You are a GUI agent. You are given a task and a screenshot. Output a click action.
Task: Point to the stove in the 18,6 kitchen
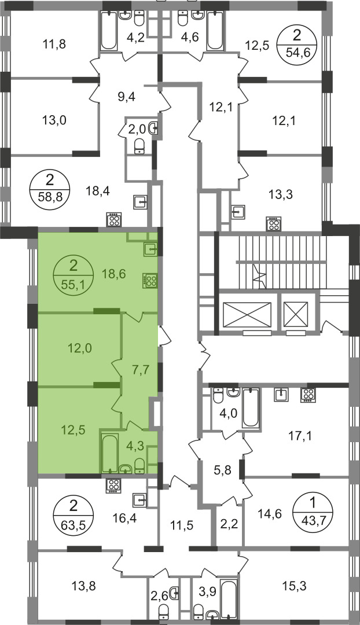pos(149,280)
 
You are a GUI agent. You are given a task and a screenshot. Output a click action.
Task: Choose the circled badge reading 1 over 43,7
pos(313,513)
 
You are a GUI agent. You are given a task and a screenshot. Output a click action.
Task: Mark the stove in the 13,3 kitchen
pos(274,223)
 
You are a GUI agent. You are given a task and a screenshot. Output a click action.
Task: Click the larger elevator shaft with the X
pos(247,315)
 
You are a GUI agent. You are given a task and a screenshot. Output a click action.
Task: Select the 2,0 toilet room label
pos(137,129)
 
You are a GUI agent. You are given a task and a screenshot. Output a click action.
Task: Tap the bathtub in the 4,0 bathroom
pos(251,408)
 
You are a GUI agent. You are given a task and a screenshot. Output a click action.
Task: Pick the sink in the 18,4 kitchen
pos(141,203)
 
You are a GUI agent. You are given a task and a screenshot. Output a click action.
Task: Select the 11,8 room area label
pos(54,44)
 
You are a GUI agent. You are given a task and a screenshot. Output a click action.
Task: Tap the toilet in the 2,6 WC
pos(163,612)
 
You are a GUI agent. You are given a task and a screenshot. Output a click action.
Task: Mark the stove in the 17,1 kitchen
pos(308,395)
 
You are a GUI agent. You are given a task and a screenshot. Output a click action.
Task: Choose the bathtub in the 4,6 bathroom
pos(215,31)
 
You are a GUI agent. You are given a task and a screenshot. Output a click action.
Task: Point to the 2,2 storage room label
pos(229,524)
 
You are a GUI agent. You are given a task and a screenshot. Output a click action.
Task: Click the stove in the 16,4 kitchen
pos(113,486)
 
